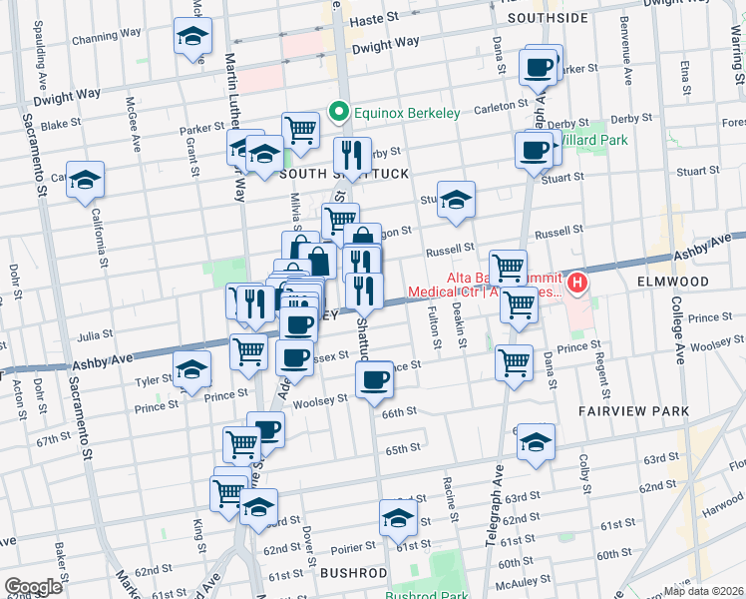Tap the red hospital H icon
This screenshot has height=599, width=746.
pyautogui.click(x=576, y=286)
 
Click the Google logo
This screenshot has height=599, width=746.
pyautogui.click(x=33, y=587)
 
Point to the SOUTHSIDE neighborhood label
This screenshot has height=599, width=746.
pyautogui.click(x=548, y=18)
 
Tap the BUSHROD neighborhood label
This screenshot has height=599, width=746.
pyautogui.click(x=353, y=572)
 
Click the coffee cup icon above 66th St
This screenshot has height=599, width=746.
pyautogui.click(x=375, y=378)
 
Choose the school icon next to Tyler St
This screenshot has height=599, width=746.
pyautogui.click(x=191, y=368)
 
